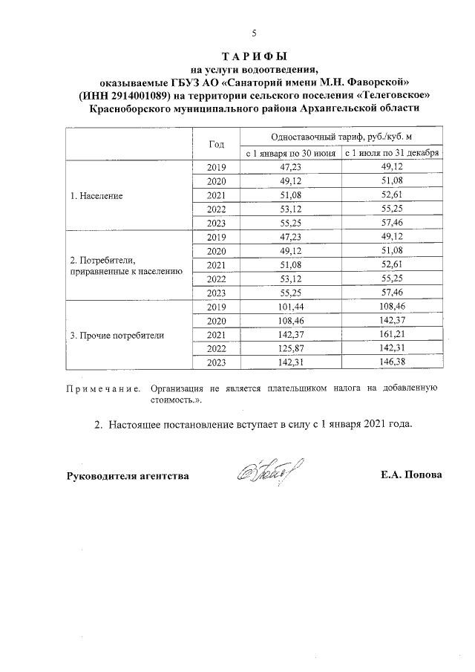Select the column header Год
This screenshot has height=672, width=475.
coord(217,144)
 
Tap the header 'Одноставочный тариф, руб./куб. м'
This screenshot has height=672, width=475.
coord(341,137)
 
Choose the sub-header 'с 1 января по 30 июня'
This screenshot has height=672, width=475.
coord(291,153)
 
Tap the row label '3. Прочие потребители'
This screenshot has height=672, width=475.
coord(117,334)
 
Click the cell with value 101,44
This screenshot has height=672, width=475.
coord(291,307)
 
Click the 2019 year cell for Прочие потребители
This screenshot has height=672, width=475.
coord(217,307)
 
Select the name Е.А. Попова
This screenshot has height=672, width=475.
coord(410,474)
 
